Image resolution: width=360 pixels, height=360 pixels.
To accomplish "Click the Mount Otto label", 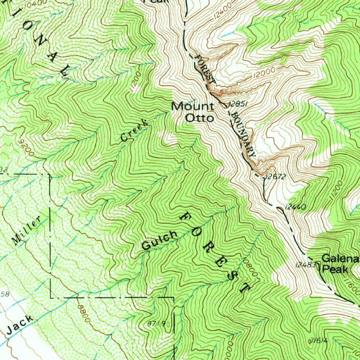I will [x=193, y=112].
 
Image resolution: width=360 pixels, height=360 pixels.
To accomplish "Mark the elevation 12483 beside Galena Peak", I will [x=305, y=265].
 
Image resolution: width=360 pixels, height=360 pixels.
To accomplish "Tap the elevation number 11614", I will [x=319, y=340].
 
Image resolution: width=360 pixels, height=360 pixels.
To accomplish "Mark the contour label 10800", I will [x=250, y=268].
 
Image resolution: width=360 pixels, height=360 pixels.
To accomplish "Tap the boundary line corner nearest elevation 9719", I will [x=174, y=298].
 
